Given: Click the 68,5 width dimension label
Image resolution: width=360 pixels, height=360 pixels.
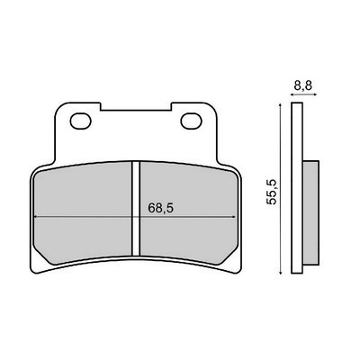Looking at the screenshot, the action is click(161, 208).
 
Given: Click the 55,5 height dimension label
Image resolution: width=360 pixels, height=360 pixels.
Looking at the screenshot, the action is click(272, 193).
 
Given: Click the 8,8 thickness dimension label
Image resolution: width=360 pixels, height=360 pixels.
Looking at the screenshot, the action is click(303, 86).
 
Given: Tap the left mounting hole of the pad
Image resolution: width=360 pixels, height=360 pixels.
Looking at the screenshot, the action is click(80, 121).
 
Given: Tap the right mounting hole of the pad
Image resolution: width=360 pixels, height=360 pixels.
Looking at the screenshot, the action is click(191, 121).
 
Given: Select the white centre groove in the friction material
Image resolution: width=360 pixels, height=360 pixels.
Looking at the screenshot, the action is click(136, 209).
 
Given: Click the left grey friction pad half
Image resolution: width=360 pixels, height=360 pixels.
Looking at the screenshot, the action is click(83, 213).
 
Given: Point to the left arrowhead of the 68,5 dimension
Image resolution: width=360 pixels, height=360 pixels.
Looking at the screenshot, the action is click(36, 216).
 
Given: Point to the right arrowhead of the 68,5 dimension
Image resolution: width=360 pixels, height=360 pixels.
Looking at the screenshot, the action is click(233, 216).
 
